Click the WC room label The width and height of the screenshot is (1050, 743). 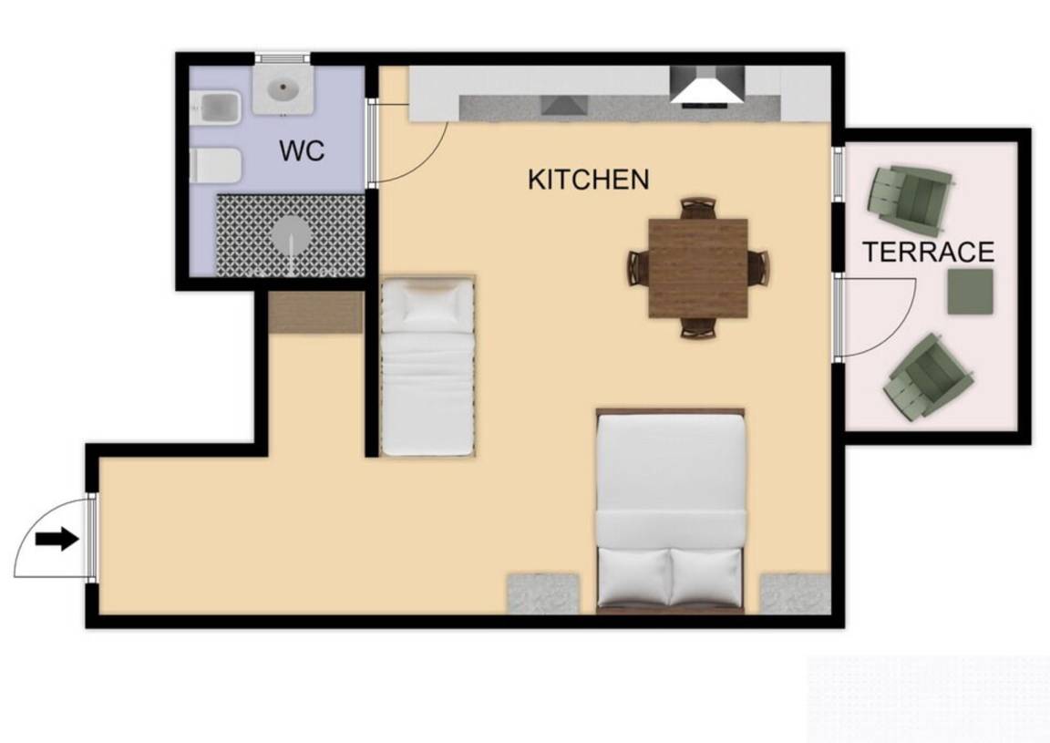[x=302, y=150]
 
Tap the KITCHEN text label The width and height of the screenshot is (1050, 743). [x=589, y=180]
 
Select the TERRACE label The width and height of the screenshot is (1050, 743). [x=928, y=252]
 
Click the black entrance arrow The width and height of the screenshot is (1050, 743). [x=57, y=538]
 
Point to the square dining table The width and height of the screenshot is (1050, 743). [x=698, y=268]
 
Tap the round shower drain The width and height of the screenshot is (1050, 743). [x=291, y=235]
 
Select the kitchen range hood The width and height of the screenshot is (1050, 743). [x=707, y=87]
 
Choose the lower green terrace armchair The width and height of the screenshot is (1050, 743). [x=929, y=377]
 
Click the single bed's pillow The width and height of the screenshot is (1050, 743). [x=427, y=304]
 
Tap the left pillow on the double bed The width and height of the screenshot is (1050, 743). [x=634, y=575]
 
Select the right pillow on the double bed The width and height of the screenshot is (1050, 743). [x=705, y=575]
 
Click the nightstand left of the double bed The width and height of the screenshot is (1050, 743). [x=543, y=593]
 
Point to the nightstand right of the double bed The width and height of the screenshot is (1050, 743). [x=796, y=593]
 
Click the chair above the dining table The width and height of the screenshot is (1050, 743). [x=698, y=209]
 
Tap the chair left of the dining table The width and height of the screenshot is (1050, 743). [x=638, y=267]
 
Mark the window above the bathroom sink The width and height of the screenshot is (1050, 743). [x=283, y=58]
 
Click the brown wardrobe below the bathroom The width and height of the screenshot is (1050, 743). [x=316, y=312]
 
